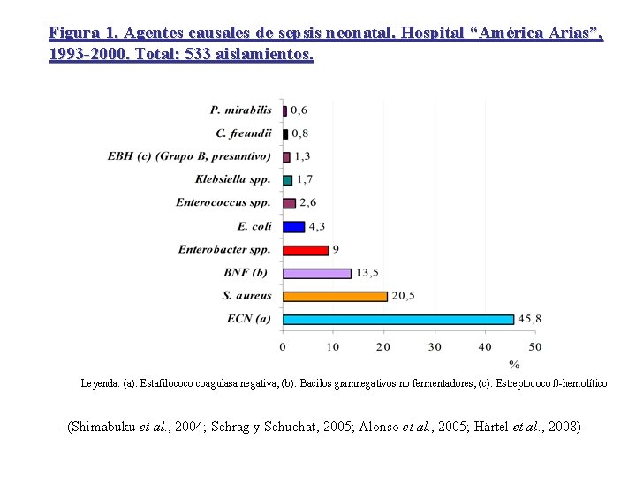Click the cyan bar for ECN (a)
click(x=397, y=319)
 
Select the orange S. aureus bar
click(x=335, y=296)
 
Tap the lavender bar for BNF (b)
click(x=317, y=273)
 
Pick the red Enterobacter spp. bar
click(x=306, y=250)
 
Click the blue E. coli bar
click(x=293, y=227)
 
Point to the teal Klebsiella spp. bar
click(x=287, y=180)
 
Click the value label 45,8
click(x=530, y=319)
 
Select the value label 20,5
click(x=405, y=296)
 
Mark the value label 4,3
click(x=317, y=227)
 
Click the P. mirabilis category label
click(x=241, y=110)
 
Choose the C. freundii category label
click(x=244, y=133)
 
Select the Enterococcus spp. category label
click(x=223, y=203)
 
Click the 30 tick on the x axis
click(x=434, y=346)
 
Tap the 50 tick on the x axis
click(x=534, y=346)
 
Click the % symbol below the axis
click(x=514, y=364)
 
